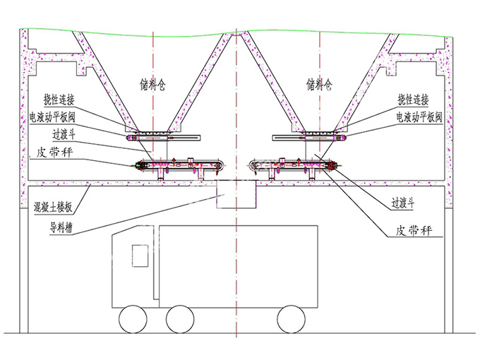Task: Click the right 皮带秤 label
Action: tap(413, 230)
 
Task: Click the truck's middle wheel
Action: tap(181, 320)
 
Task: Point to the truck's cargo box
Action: tap(240, 265)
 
